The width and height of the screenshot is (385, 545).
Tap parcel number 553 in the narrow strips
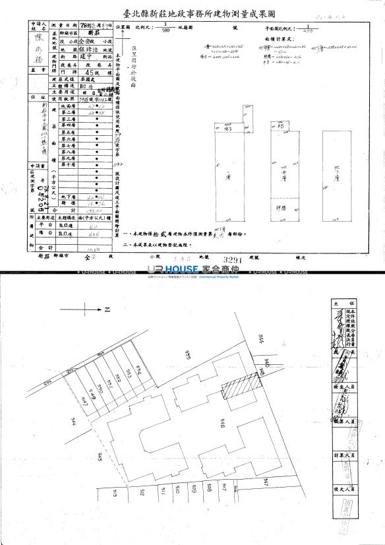(129, 374)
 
